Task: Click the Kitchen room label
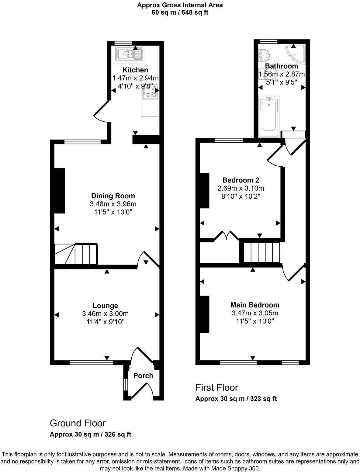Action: [x=135, y=70]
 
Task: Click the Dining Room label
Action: [x=113, y=196]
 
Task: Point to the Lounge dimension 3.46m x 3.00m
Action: [x=105, y=314]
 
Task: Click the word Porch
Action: [x=143, y=376]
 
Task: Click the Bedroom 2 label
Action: [x=241, y=180]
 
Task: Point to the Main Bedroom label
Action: [x=255, y=305]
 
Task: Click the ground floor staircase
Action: [x=76, y=254]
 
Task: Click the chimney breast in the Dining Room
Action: [x=60, y=190]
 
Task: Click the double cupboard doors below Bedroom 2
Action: [x=226, y=236]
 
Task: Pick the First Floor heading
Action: [x=216, y=387]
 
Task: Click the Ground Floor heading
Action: [x=78, y=423]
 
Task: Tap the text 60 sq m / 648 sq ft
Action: [x=180, y=12]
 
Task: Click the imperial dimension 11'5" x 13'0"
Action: [x=113, y=212]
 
